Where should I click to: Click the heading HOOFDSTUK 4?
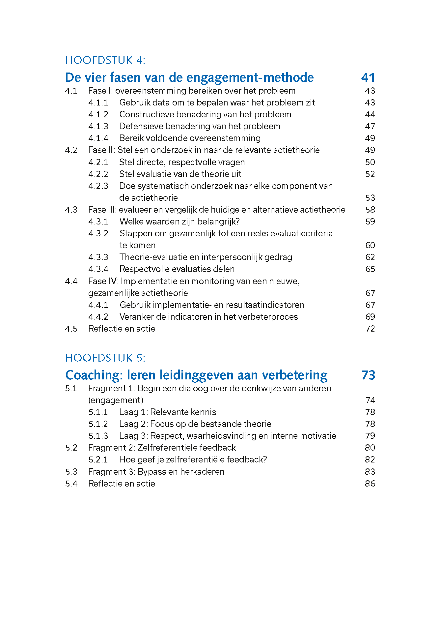(x=105, y=60)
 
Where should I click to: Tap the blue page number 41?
(x=368, y=78)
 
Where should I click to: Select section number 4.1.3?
(x=98, y=127)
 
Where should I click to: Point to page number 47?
(x=370, y=127)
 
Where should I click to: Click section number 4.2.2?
(x=98, y=174)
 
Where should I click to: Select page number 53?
(x=370, y=198)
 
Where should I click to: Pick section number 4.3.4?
(x=98, y=269)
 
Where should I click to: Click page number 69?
(x=370, y=317)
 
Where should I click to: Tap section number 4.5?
(x=71, y=329)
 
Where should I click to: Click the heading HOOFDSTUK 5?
(x=105, y=358)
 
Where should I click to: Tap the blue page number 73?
(x=368, y=375)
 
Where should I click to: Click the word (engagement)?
(x=116, y=400)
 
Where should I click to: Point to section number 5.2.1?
(x=98, y=460)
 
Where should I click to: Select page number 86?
(x=370, y=484)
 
